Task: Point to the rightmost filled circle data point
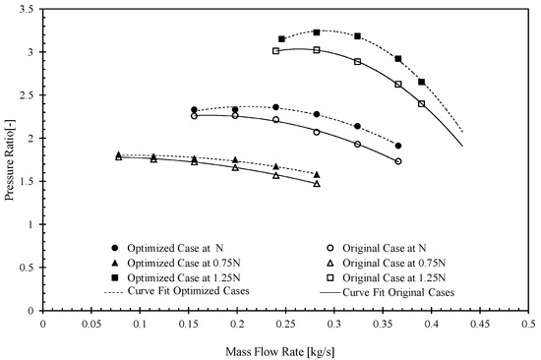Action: coord(398,146)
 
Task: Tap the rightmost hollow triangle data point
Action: coord(317,184)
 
